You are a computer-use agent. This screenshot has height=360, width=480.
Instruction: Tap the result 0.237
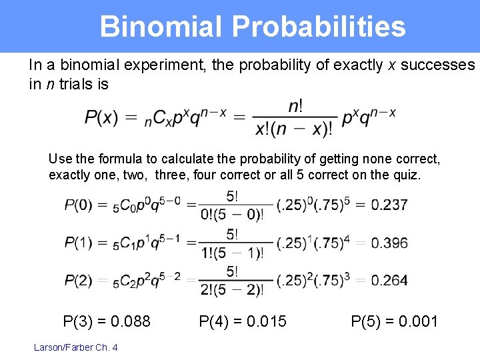click(x=389, y=205)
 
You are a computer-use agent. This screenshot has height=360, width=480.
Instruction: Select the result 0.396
click(x=389, y=243)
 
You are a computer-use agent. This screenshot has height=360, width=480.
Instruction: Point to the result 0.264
click(x=389, y=281)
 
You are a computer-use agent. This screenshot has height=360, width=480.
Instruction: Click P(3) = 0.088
click(x=107, y=322)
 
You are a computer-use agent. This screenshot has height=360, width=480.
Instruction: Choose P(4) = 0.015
click(x=243, y=322)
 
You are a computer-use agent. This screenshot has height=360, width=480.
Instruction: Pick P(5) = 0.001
click(x=395, y=322)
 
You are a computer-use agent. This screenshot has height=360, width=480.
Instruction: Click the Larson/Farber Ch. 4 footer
click(x=75, y=347)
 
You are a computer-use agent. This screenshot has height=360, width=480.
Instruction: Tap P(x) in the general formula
click(x=101, y=117)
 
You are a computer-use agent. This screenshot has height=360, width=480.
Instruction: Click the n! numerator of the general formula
click(x=295, y=106)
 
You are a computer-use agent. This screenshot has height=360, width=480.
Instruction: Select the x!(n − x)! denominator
click(x=294, y=129)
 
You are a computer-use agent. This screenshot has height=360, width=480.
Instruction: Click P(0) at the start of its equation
click(x=79, y=205)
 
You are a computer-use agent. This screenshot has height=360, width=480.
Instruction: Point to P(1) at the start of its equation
click(x=79, y=243)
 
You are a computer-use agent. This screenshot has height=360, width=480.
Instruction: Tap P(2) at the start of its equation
click(x=79, y=281)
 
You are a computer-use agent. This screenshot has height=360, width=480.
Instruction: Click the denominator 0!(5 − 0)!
click(x=233, y=214)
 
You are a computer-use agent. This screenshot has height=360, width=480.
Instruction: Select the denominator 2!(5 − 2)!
click(x=233, y=290)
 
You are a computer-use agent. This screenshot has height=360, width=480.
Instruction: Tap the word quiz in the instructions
click(x=406, y=175)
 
